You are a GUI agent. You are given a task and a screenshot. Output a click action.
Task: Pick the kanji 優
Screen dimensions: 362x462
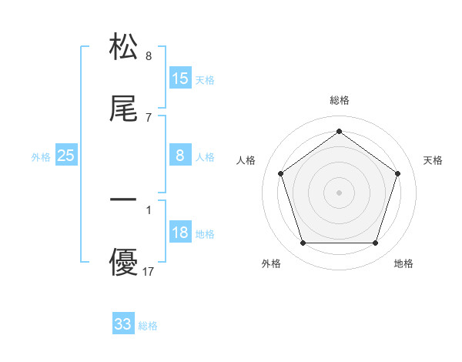click(x=123, y=262)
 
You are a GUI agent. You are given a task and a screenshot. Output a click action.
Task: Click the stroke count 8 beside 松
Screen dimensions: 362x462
click(x=149, y=56)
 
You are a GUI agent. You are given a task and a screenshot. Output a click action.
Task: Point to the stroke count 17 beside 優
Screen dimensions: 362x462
click(x=149, y=271)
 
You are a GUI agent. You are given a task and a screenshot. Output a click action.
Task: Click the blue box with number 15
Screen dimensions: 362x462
click(x=180, y=79)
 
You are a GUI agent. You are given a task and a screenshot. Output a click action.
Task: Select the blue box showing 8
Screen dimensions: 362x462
click(x=180, y=156)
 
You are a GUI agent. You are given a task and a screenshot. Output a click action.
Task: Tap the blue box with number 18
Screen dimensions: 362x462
click(x=180, y=233)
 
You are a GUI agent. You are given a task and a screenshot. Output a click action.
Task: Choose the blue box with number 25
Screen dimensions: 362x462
click(x=66, y=156)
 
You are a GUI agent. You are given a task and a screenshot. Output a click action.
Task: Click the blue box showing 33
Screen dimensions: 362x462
click(x=123, y=324)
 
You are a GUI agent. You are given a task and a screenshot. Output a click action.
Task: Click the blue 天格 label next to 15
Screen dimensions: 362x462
click(x=205, y=80)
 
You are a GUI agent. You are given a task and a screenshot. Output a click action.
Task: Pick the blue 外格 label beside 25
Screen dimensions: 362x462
click(x=41, y=157)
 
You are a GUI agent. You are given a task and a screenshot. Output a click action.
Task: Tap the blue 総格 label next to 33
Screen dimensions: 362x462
click(x=148, y=326)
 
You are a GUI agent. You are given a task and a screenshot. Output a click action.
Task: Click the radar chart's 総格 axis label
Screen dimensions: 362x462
click(x=339, y=100)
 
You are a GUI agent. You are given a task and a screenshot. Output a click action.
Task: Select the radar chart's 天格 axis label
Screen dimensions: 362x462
click(x=433, y=160)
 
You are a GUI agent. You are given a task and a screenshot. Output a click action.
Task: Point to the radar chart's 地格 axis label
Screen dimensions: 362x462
click(x=403, y=264)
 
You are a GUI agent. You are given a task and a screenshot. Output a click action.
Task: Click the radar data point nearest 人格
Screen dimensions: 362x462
click(x=280, y=173)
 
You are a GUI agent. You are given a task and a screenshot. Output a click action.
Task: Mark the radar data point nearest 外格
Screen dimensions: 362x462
click(x=303, y=243)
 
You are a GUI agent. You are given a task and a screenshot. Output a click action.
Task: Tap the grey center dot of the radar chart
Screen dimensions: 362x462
click(x=339, y=193)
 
